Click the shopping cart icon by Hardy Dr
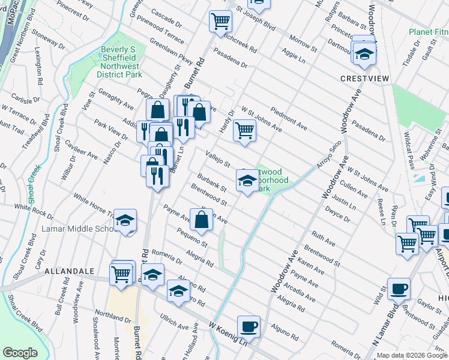[x=244, y=129]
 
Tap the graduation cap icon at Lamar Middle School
[x=125, y=220]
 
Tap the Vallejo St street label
[x=218, y=159]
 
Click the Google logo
[x=20, y=353]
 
